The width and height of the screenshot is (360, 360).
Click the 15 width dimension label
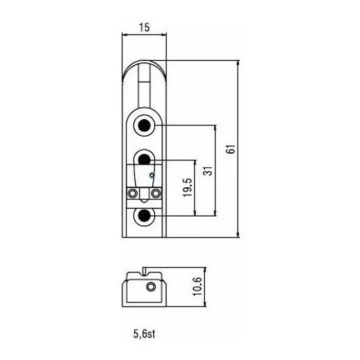[x=145, y=27]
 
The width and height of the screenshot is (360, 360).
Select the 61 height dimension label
[x=231, y=149]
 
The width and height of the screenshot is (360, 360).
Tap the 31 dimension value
[x=208, y=171]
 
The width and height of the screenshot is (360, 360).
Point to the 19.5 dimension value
[x=187, y=187]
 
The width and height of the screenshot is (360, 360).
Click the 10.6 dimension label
[x=197, y=287]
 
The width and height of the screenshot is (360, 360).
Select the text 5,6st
[x=144, y=334]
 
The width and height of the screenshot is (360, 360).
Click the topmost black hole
[x=145, y=125]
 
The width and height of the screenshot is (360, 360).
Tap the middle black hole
[x=145, y=159]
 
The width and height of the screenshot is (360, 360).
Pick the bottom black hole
[x=145, y=216]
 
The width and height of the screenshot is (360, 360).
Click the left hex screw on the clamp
[x=133, y=193]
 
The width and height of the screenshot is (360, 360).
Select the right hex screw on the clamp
[x=156, y=193]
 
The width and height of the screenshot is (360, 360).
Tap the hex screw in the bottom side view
[x=151, y=287]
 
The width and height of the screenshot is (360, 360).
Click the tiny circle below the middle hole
[x=152, y=175]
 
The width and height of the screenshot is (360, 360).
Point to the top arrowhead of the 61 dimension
[x=238, y=63]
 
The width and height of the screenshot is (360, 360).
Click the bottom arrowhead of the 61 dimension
[x=238, y=235]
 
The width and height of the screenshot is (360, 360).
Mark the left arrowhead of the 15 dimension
[x=125, y=34]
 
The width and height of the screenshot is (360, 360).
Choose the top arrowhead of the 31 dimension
[x=215, y=128]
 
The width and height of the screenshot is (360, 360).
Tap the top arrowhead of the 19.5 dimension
[x=195, y=163]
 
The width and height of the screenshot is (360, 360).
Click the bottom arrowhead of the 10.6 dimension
[x=205, y=304]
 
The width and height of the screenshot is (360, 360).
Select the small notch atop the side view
[x=145, y=271]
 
